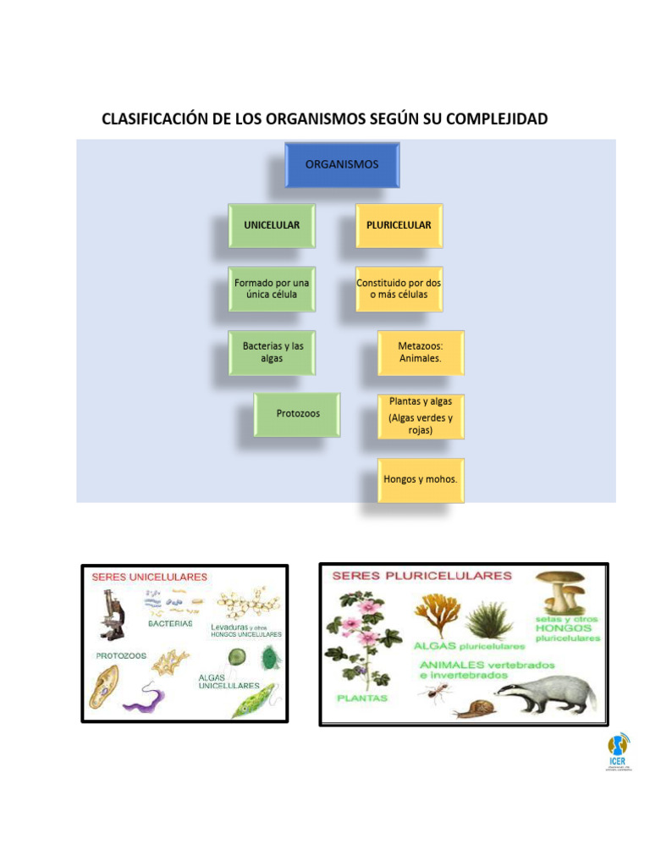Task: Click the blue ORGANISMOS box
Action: (342, 165)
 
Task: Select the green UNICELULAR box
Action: (272, 225)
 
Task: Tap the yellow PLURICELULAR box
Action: (399, 225)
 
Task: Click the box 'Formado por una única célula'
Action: (272, 289)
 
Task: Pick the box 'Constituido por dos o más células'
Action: (399, 289)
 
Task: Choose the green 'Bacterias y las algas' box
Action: (273, 352)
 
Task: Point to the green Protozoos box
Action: (297, 414)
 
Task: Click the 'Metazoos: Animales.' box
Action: (421, 352)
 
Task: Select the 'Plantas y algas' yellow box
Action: (421, 416)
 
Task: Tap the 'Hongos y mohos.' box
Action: (421, 479)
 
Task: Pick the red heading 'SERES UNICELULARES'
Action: (149, 577)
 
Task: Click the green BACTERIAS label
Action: (170, 623)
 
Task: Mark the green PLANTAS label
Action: (361, 699)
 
